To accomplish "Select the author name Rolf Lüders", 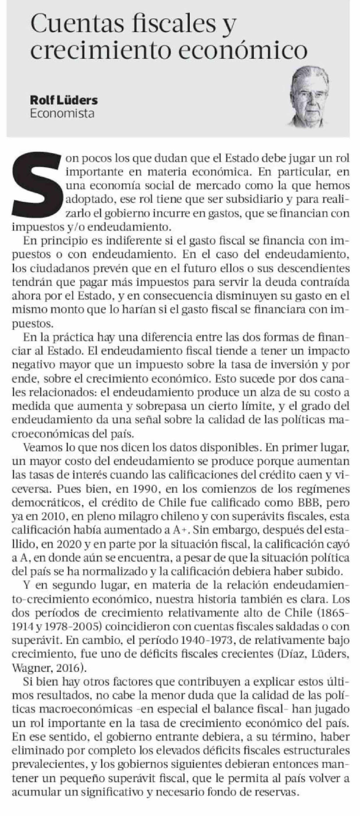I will [64, 101].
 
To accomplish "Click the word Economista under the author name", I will [62, 113].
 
